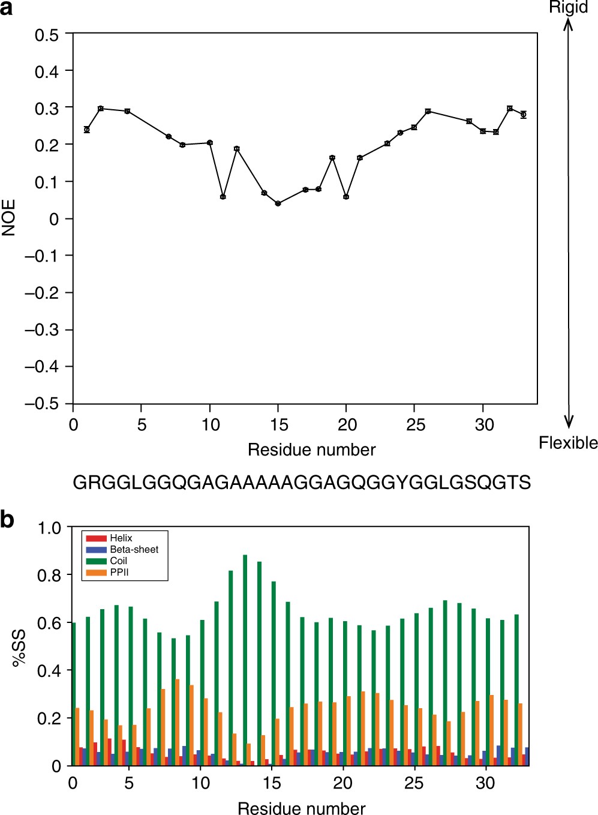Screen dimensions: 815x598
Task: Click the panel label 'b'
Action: coord(7,519)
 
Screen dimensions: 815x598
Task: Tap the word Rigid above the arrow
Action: coord(568,8)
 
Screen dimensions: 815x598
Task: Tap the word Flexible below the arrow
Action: coord(567,443)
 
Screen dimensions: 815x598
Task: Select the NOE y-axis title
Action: coord(9,218)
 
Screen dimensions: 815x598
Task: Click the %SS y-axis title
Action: coord(19,647)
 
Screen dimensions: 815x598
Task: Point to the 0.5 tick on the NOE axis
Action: coord(47,35)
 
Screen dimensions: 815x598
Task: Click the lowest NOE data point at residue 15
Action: coord(278,203)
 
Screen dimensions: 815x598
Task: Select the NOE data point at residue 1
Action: coord(87,130)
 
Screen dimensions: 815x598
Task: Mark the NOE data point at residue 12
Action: coord(237,148)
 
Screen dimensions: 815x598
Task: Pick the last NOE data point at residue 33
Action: coord(524,114)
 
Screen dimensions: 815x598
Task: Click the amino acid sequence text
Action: coord(301,483)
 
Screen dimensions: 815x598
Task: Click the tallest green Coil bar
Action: coord(245,660)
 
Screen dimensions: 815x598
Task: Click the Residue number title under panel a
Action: coord(311,450)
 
